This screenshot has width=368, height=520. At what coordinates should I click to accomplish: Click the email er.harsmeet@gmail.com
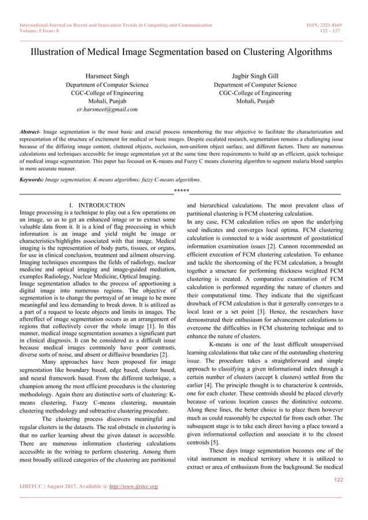click(x=107, y=109)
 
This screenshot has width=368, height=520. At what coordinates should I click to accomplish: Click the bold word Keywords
click(x=32, y=180)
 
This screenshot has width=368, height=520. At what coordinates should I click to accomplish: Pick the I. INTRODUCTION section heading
click(x=97, y=205)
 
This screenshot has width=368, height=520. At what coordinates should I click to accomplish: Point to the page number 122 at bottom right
click(x=337, y=480)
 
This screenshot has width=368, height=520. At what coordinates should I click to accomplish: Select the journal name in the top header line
click(x=115, y=25)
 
